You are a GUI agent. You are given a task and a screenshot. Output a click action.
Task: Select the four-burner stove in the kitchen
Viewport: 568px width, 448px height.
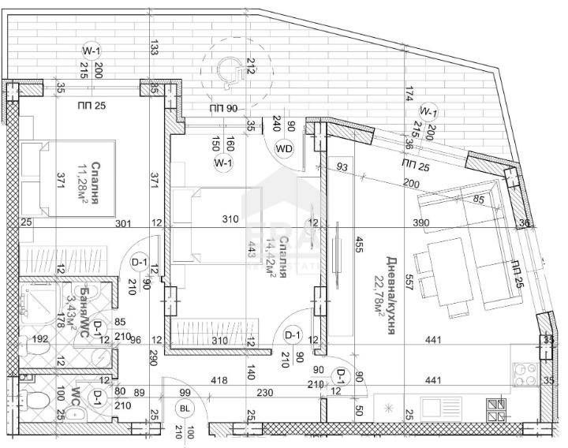pyautogui.click(x=496, y=409)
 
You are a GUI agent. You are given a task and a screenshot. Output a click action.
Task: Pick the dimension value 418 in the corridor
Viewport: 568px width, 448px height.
pyautogui.click(x=219, y=381)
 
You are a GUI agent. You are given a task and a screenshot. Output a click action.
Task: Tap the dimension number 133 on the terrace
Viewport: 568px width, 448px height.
pyautogui.click(x=154, y=50)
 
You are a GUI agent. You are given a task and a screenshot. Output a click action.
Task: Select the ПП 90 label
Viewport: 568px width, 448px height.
pyautogui.click(x=224, y=108)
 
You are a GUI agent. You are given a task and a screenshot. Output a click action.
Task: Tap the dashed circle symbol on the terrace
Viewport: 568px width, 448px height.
pyautogui.click(x=228, y=70)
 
